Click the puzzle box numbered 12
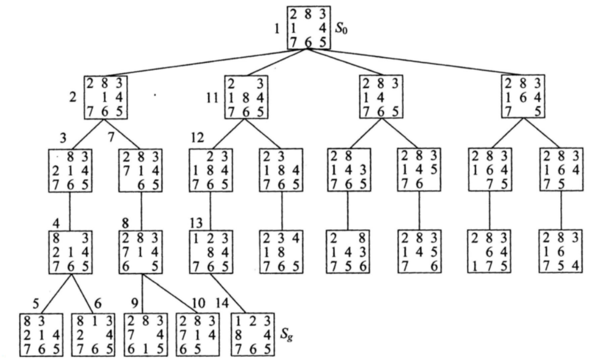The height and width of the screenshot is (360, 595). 210,171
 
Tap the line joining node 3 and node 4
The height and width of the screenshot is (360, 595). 69,210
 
